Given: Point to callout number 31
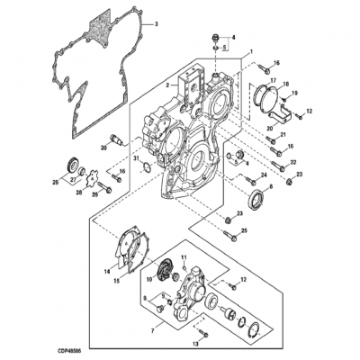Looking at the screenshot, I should (x=136, y=160).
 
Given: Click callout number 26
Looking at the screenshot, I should (x=56, y=183).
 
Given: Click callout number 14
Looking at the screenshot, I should (x=107, y=269).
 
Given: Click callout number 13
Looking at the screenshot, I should (x=194, y=345).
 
